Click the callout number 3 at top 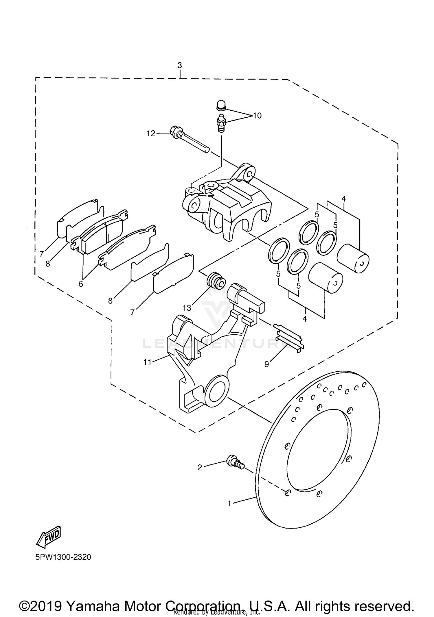tap(180, 65)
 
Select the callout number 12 tap(151, 134)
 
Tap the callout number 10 tap(257, 116)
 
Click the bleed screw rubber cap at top tap(221, 105)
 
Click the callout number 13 tap(187, 308)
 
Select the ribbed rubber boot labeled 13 tap(216, 281)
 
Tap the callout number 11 tap(148, 362)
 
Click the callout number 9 tap(266, 364)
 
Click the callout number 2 tap(200, 467)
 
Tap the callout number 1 tap(229, 503)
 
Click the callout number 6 tap(81, 284)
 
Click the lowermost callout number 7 tap(133, 312)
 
